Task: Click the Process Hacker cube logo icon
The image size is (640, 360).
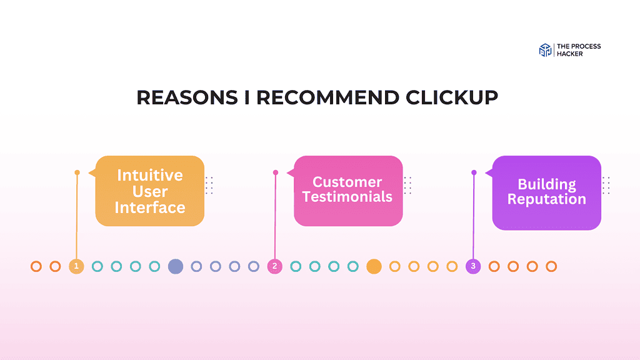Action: (x=545, y=51)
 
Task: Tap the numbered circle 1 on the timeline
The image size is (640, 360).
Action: (x=76, y=266)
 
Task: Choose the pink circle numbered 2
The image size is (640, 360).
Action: (x=275, y=266)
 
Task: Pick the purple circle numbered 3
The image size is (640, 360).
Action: (x=473, y=266)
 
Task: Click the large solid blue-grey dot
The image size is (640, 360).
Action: (x=175, y=266)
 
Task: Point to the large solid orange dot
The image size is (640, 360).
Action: (x=374, y=266)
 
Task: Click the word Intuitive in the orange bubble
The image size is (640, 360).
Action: (x=150, y=175)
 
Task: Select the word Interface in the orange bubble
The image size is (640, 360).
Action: (x=150, y=207)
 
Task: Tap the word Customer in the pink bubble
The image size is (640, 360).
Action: (x=347, y=182)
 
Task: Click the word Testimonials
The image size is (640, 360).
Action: (x=347, y=197)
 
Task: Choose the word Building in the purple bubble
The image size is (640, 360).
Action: (x=547, y=184)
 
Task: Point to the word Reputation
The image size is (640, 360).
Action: (x=547, y=199)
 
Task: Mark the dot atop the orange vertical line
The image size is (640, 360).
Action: (x=77, y=172)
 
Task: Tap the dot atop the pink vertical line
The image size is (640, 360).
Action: (x=276, y=172)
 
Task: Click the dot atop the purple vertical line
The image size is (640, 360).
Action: (x=474, y=172)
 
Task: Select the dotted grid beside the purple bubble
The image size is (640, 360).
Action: (x=606, y=185)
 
